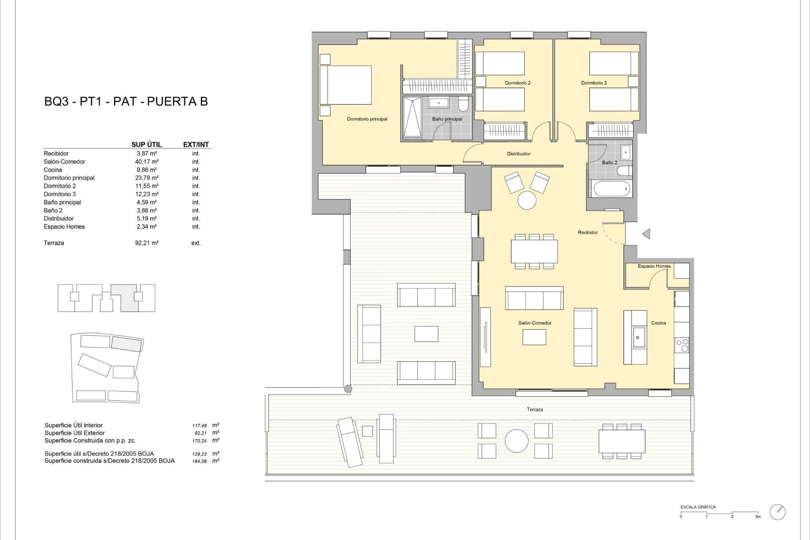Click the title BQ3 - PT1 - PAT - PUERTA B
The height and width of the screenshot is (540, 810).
click(x=126, y=102)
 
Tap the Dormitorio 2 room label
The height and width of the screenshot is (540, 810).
click(x=518, y=83)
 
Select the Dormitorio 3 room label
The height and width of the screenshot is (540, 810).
click(x=594, y=83)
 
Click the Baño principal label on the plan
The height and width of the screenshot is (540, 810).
click(x=447, y=119)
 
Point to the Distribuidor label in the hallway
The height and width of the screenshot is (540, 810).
click(x=518, y=154)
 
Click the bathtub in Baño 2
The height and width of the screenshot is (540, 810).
click(x=612, y=189)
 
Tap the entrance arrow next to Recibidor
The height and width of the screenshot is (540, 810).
click(x=646, y=234)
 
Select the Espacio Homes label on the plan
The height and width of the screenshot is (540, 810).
click(x=654, y=266)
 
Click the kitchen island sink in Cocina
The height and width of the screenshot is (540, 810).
click(x=637, y=337)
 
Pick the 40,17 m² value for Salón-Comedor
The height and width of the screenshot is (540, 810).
click(x=146, y=162)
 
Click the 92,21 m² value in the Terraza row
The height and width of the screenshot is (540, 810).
click(x=146, y=243)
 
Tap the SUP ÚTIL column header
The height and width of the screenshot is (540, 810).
click(x=146, y=145)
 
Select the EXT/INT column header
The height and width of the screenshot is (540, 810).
click(x=196, y=145)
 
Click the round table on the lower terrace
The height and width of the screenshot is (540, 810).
click(x=516, y=441)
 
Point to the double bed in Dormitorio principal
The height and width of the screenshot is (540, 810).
click(x=346, y=85)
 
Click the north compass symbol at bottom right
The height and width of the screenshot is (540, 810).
click(x=778, y=512)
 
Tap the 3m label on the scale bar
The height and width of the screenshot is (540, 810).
click(x=758, y=517)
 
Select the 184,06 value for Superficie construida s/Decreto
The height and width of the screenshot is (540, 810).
click(x=200, y=462)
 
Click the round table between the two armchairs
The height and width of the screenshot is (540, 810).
click(x=527, y=200)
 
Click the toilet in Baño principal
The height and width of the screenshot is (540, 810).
click(x=463, y=104)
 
